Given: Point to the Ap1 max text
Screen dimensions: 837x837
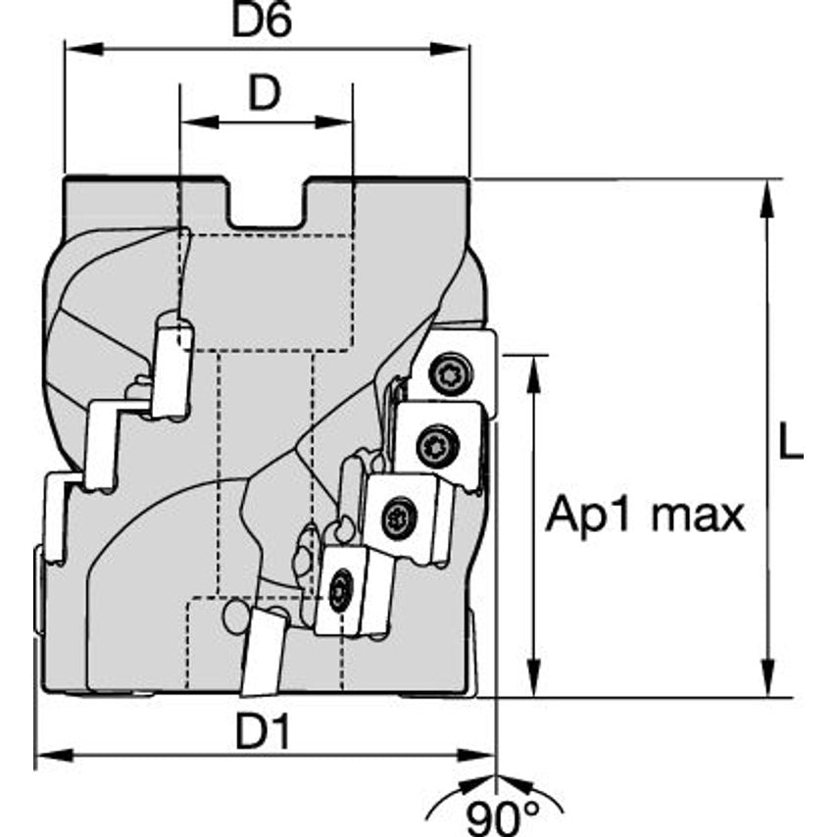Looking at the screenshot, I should tap(645, 514).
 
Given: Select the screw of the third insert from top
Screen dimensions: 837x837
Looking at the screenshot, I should tap(398, 517).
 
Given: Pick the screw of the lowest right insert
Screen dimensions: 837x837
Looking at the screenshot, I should tap(339, 593).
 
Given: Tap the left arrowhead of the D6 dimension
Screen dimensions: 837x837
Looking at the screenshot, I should tap(72, 48).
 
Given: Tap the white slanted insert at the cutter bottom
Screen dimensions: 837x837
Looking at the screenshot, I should tap(263, 652).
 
